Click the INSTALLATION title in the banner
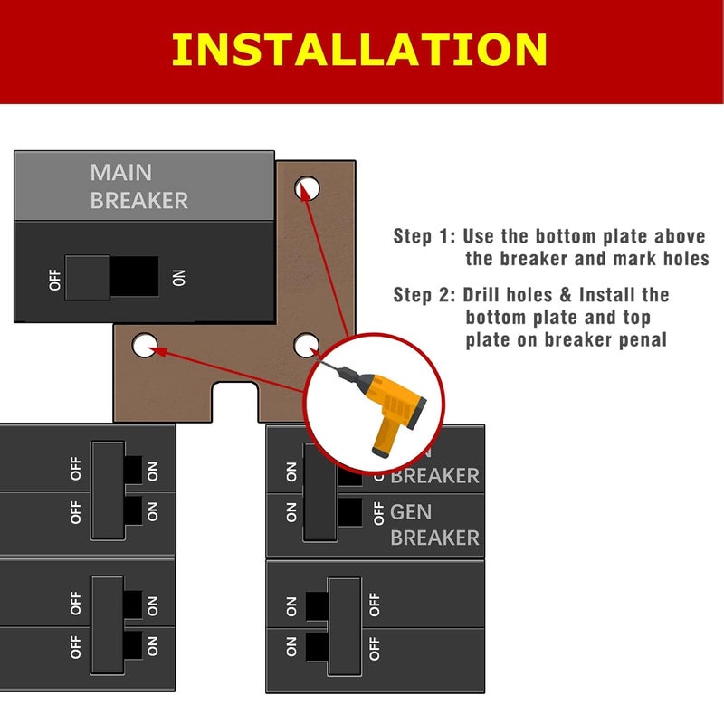point(359,50)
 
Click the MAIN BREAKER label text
point(139,186)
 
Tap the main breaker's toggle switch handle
point(87,278)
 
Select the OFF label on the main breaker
point(54,281)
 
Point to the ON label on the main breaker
point(178,278)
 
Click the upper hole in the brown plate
point(307,188)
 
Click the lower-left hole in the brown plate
point(145,346)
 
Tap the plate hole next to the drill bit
point(306,345)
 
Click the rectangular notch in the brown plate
point(235,402)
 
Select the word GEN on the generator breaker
point(411,512)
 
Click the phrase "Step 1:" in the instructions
point(424,236)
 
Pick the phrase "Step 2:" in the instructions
point(424,295)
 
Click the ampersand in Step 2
point(565,295)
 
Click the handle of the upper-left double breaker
point(108,491)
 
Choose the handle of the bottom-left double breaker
point(108,625)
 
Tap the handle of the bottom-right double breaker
point(345,626)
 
